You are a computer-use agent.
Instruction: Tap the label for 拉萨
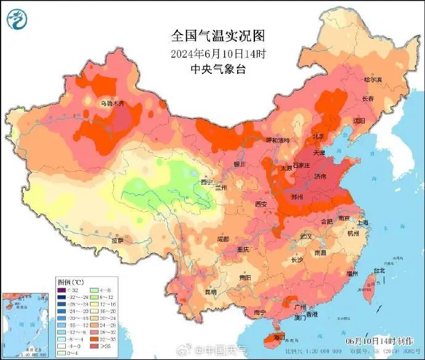tap(118, 240)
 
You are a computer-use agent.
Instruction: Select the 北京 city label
tap(318, 136)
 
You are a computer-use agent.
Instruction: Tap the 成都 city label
tap(222, 239)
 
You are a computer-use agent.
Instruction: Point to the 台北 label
tap(379, 270)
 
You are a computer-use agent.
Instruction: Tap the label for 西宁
tap(206, 182)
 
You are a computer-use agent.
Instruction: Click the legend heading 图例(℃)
tap(70, 280)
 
